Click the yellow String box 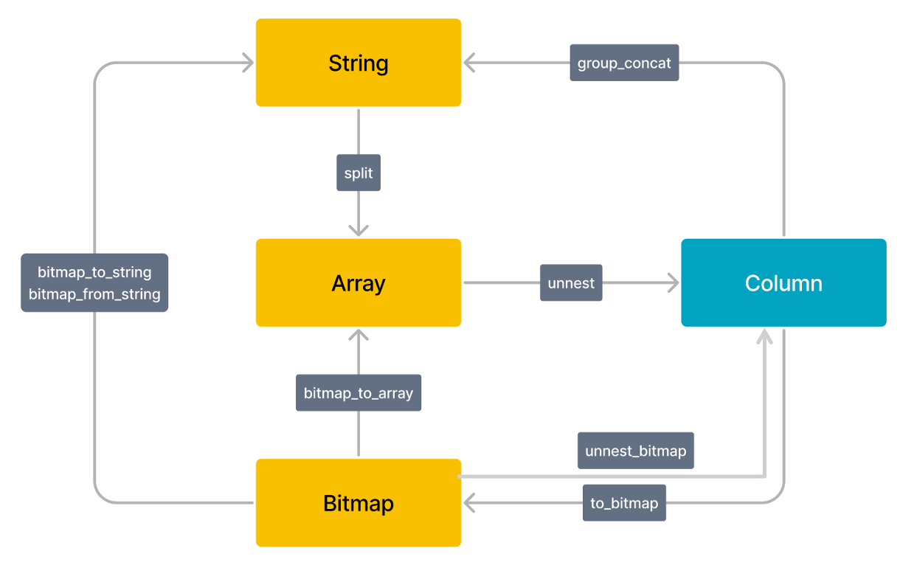pos(358,63)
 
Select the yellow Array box pos(358,282)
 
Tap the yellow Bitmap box pos(358,503)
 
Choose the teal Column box pos(783,282)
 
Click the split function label pos(359,173)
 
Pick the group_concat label pos(624,63)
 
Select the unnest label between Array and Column pos(571,282)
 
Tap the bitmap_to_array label pos(358,392)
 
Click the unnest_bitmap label pos(635,451)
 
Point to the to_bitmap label pos(624,503)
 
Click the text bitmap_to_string pos(94,272)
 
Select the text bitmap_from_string pos(94,294)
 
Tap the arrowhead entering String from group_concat pos(469,63)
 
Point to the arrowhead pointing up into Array pos(359,335)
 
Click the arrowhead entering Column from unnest pos(673,282)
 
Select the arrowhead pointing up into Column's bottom pos(765,336)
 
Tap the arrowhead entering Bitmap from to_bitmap pos(469,503)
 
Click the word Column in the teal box pos(783,283)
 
